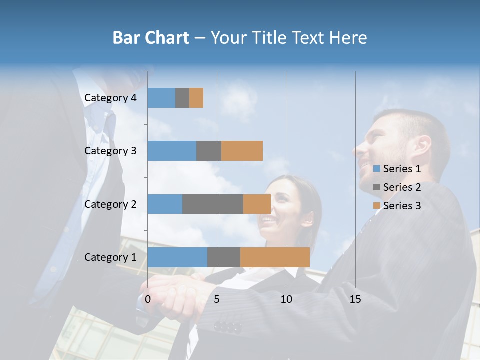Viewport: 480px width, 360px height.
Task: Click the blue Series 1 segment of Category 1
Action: click(177, 257)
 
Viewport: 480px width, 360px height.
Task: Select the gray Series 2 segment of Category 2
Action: click(213, 204)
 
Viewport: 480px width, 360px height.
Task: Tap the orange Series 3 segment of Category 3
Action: click(242, 151)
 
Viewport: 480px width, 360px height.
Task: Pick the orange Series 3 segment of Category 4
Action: click(196, 98)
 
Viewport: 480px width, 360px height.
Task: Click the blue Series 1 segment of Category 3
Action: click(172, 151)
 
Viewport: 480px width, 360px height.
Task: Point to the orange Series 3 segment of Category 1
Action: click(275, 257)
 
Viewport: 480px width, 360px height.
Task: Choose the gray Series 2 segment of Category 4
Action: click(182, 98)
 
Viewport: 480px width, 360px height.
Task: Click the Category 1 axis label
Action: click(110, 257)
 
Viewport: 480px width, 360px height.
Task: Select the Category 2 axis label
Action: click(110, 204)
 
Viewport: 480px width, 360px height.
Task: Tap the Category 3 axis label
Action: click(110, 151)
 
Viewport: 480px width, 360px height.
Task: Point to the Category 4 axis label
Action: click(110, 98)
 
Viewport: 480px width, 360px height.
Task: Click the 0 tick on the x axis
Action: click(148, 299)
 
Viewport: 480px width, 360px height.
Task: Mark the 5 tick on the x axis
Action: click(217, 299)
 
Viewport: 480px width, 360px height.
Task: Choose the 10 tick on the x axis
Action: click(286, 299)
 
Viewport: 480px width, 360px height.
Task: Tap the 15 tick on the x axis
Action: click(355, 299)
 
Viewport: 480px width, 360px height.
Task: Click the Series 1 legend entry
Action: click(397, 169)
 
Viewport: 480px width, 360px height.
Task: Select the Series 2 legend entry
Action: click(397, 187)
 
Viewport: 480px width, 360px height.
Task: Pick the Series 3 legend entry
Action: click(397, 206)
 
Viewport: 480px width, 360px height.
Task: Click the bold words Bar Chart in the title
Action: click(151, 38)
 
